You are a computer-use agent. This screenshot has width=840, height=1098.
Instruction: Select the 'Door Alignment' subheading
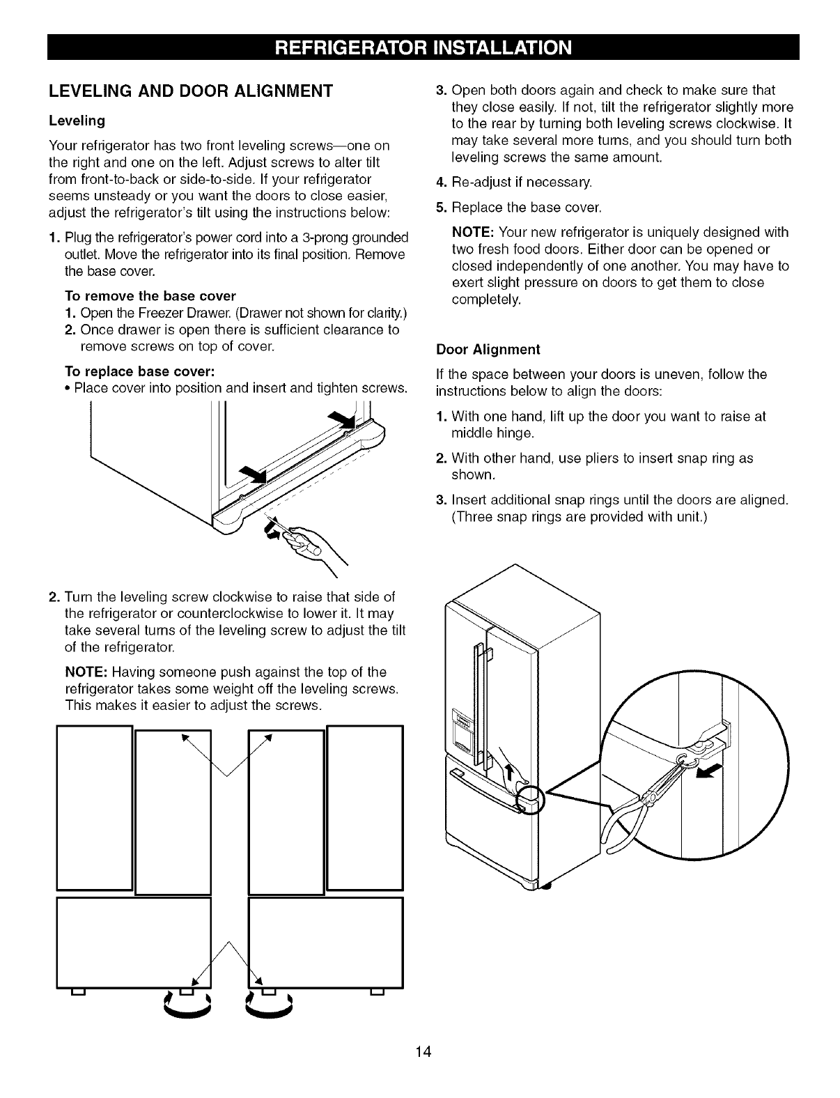click(x=488, y=349)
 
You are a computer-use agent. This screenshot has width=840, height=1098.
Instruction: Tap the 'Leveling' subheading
click(x=77, y=121)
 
